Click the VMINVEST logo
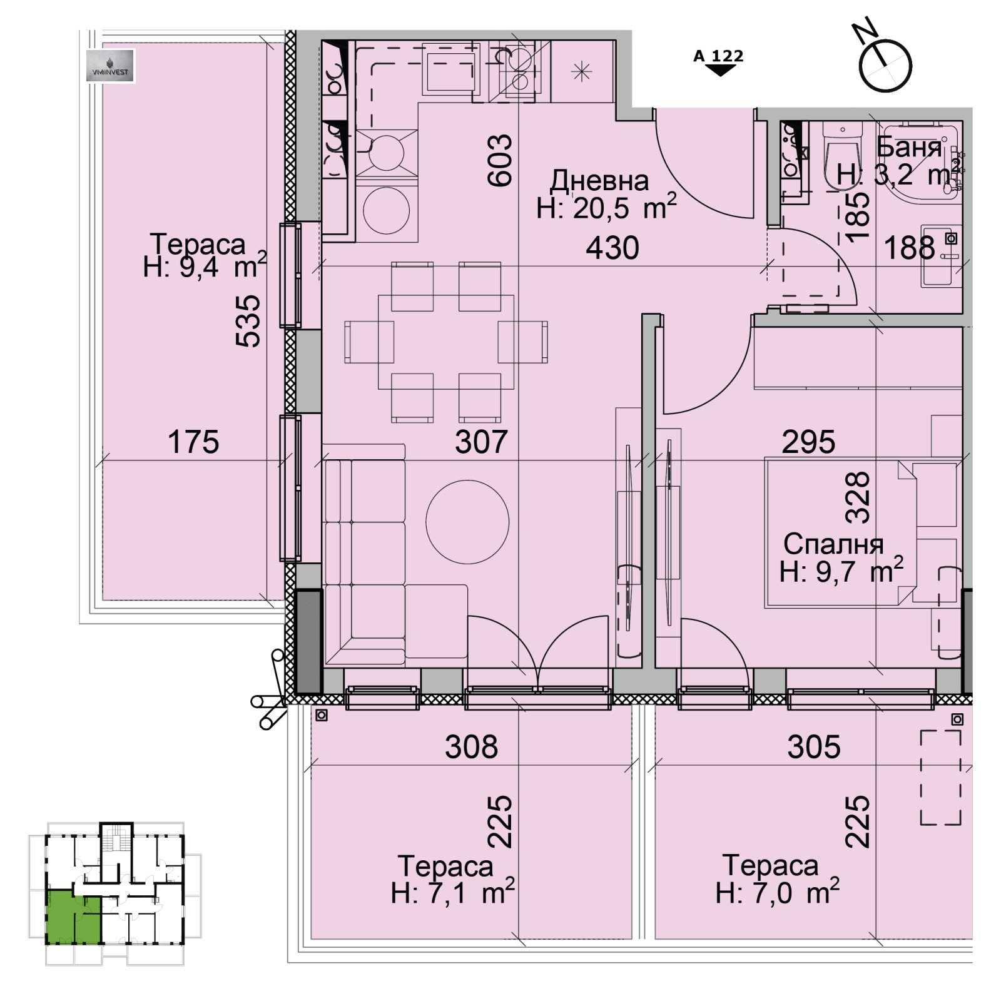coord(110,66)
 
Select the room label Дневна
coord(599,181)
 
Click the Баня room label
coord(908,147)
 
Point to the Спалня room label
coord(833,544)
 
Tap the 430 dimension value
coord(612,248)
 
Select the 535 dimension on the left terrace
coord(247,321)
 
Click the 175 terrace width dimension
coord(193,442)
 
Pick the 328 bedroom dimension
coord(857,497)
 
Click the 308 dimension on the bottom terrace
coord(471,746)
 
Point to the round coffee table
coord(467,521)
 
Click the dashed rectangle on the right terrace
coord(940,778)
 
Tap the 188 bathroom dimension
coord(909,248)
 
